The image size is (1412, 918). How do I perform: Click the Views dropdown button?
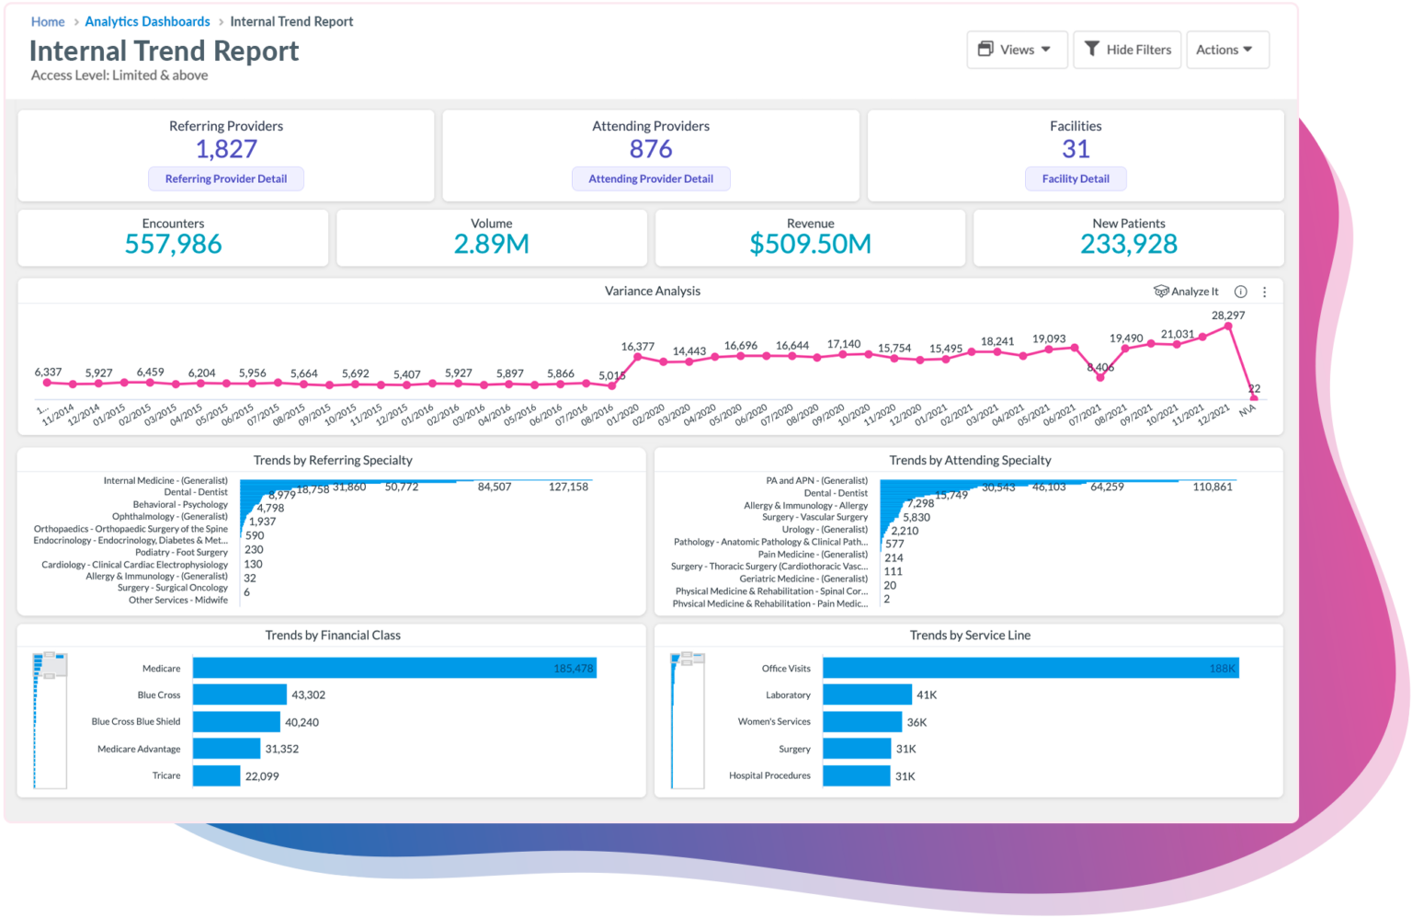1016,50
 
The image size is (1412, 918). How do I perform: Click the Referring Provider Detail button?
226,178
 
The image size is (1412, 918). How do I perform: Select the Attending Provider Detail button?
651,178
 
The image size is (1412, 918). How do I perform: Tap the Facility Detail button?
1076,178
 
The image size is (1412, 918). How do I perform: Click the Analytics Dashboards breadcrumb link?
147,21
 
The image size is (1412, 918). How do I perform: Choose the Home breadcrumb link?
48,21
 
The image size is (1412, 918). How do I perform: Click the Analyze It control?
1187,292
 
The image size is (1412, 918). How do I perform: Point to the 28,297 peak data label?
1228,316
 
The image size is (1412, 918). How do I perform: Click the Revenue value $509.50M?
810,244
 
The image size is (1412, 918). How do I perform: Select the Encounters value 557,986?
173,244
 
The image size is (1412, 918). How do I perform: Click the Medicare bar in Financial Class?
393,668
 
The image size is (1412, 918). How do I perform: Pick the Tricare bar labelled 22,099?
216,775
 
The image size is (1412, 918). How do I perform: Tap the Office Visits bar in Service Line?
1030,668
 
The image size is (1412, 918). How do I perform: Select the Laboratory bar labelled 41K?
867,694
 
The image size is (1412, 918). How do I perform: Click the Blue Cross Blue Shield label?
136,722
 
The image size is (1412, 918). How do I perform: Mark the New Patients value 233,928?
1129,244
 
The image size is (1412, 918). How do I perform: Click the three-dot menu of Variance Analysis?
1265,292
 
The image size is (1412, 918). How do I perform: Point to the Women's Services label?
774,722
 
